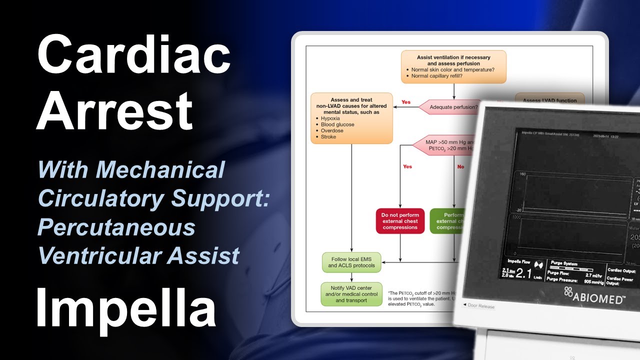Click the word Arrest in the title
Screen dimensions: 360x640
(114, 110)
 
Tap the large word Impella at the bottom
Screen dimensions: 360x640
(125, 305)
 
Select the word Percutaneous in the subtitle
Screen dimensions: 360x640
(116, 227)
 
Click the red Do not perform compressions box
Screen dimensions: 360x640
(400, 221)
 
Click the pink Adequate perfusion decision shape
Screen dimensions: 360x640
(447, 107)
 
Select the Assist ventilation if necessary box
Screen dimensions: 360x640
(453, 66)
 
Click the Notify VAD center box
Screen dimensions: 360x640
(351, 294)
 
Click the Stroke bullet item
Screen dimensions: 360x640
(328, 136)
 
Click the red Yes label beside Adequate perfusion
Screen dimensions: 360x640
(405, 102)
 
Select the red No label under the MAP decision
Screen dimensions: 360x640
(460, 166)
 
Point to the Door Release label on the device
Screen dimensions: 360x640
(478, 305)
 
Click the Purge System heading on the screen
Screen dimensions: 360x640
(564, 263)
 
